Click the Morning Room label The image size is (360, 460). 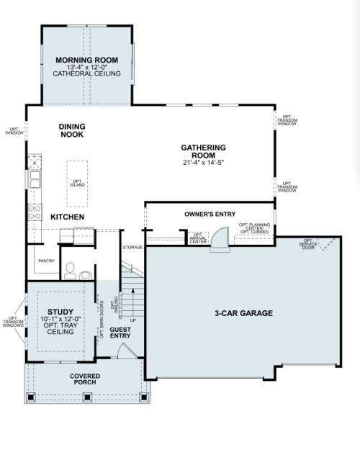(87, 60)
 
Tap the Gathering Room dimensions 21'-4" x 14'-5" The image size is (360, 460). (203, 163)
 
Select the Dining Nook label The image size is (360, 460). (72, 130)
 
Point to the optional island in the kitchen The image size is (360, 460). (77, 184)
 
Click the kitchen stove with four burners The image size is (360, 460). (35, 212)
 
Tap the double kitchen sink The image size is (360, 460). (35, 179)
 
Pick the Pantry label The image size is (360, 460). (46, 261)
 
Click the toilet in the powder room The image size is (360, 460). (70, 271)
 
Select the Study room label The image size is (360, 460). (60, 312)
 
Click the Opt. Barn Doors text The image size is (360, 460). (102, 320)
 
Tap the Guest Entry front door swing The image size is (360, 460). (127, 351)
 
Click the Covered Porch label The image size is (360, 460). (85, 379)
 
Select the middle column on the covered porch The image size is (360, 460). (87, 397)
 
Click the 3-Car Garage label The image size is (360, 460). (243, 313)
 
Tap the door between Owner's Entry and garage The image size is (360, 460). (220, 239)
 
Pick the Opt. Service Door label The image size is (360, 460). (308, 244)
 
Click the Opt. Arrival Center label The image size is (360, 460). (198, 238)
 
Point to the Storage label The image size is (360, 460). (132, 248)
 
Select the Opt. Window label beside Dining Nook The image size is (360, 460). (14, 131)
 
